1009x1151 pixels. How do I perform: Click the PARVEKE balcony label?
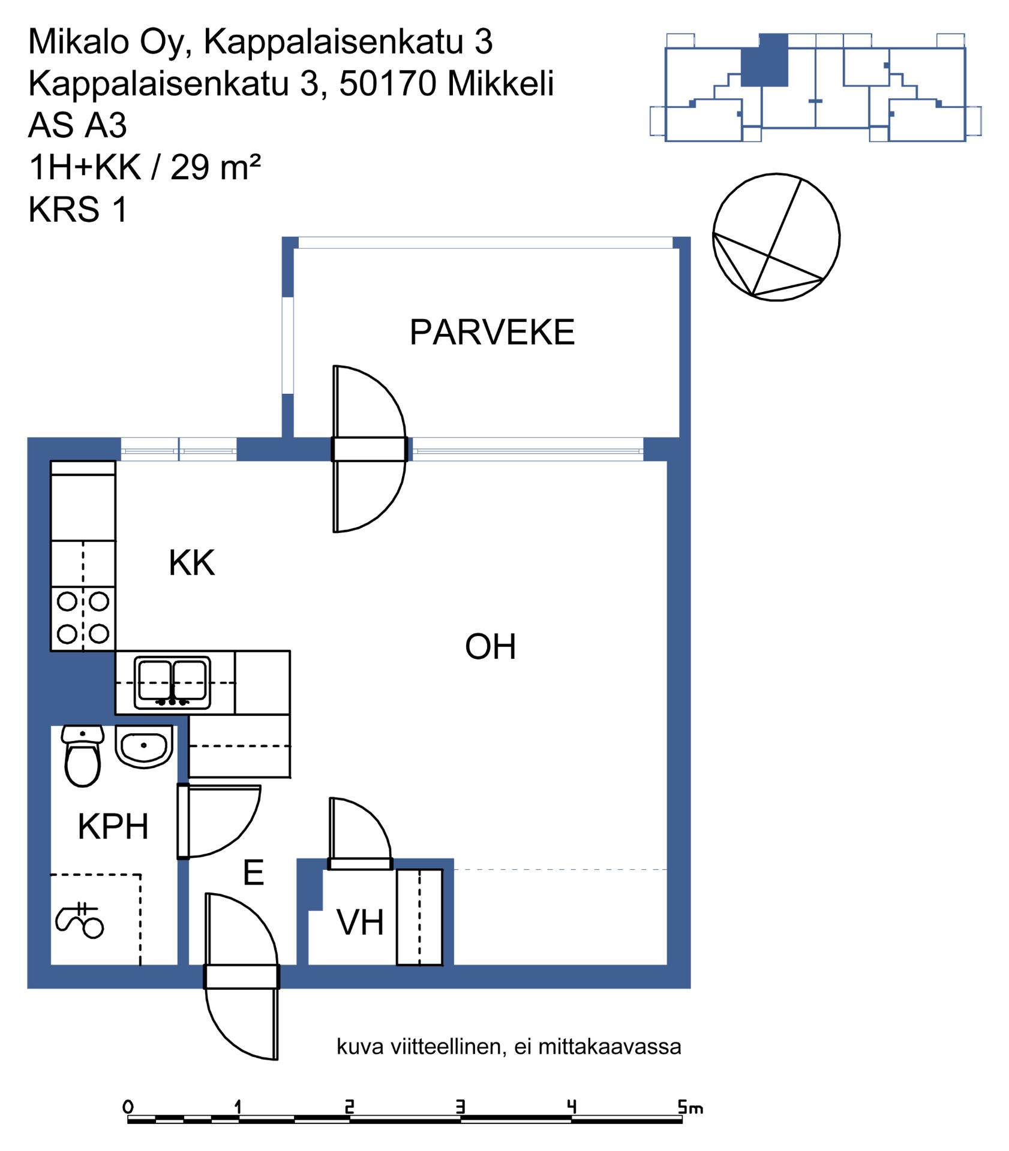pos(492,332)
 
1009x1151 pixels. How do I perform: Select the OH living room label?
pos(490,646)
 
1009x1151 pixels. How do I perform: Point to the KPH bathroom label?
pos(113,826)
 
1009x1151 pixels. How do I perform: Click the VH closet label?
pos(360,922)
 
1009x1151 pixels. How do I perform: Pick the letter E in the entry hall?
pos(254,872)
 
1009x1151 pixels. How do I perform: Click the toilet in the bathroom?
pos(82,756)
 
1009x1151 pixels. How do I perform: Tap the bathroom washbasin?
pos(144,746)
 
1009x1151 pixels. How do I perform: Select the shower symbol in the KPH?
pos(80,920)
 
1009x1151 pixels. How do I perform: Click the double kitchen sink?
pos(173,683)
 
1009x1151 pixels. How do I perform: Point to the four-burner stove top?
pos(83,618)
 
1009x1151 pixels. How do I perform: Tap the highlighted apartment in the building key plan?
pos(764,61)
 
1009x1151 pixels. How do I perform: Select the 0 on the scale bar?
pos(128,1106)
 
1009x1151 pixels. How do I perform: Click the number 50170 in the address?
pos(388,83)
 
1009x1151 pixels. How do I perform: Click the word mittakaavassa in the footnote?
pos(609,1047)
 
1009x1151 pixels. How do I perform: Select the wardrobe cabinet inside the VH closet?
pos(419,917)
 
